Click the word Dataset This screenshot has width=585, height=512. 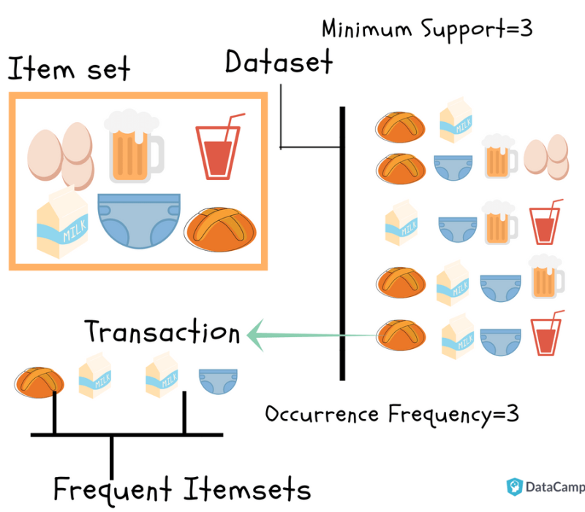click(278, 62)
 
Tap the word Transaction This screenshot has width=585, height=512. click(162, 333)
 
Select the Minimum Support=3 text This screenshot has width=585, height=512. click(426, 29)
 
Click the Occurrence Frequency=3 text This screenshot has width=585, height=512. click(391, 414)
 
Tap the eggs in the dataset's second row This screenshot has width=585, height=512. click(547, 156)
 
